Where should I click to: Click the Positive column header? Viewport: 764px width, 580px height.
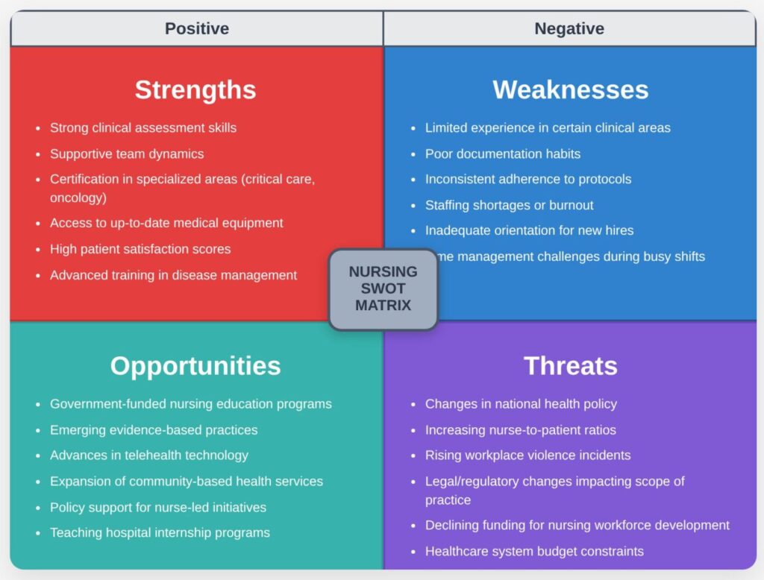coord(196,29)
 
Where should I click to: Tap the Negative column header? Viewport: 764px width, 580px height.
coord(569,29)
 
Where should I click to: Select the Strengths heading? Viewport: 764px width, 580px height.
coord(195,90)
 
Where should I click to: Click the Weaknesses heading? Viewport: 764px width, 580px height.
coord(570,90)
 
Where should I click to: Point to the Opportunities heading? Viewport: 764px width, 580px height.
coord(195,366)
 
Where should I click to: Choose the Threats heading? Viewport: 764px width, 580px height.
coord(570,366)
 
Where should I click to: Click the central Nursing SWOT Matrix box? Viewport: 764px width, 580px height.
coord(383,289)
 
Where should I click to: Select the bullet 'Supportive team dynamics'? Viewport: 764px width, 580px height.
coord(127,154)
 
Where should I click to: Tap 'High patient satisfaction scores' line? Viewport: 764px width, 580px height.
coord(140,249)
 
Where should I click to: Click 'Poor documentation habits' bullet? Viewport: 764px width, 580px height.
coord(502,154)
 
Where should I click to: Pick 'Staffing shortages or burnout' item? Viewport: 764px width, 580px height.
coord(509,205)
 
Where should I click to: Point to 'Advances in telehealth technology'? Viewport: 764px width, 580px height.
coord(148,455)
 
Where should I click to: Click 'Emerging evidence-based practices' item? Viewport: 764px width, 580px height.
coord(154,430)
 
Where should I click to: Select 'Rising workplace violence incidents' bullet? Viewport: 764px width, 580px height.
coord(527,455)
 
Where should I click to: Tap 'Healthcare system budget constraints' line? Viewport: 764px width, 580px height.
coord(534,552)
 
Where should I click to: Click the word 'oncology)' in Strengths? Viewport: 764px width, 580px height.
coord(78,198)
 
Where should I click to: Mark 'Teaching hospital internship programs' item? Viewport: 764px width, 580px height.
coord(160,532)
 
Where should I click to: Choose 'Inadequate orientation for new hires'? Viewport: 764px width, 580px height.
coord(529,230)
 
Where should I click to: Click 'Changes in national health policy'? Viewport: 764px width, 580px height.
coord(521,404)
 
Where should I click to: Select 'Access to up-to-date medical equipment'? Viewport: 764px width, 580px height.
coord(166,223)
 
